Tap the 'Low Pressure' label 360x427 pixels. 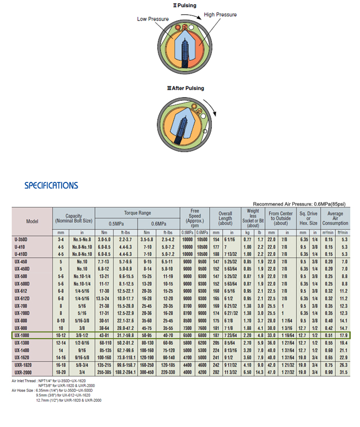[153, 19]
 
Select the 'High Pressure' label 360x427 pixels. [220, 15]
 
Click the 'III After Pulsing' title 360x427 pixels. [185, 88]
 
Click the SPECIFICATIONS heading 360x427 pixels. [51, 185]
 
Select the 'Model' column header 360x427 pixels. [32, 221]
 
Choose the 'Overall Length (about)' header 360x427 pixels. [225, 218]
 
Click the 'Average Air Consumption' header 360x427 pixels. [335, 218]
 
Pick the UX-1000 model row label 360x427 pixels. [23, 335]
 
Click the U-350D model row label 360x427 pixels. [22, 239]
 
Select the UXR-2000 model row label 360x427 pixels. [23, 372]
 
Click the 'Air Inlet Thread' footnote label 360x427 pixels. [24, 381]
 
